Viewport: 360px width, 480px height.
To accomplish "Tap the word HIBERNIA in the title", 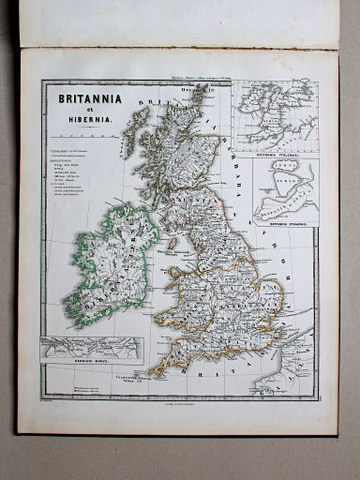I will point(88,121).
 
